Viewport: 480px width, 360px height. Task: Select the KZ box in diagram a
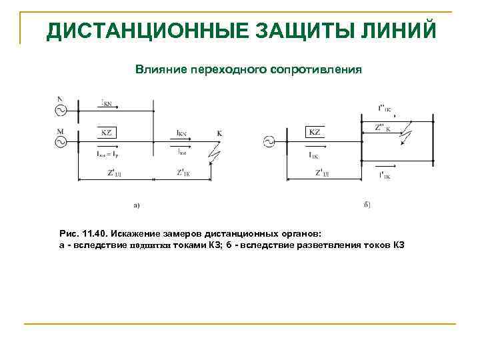click(x=107, y=132)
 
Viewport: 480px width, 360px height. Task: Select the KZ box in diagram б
click(x=315, y=132)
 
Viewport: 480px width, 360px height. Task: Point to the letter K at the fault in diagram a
click(x=219, y=133)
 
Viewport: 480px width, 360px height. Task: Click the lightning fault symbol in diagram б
click(x=406, y=135)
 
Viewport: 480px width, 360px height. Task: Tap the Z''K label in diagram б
click(x=383, y=127)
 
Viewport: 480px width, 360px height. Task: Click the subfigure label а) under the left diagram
click(x=137, y=205)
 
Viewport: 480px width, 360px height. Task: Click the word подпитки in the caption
click(x=151, y=245)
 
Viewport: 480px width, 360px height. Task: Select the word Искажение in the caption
click(x=140, y=233)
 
